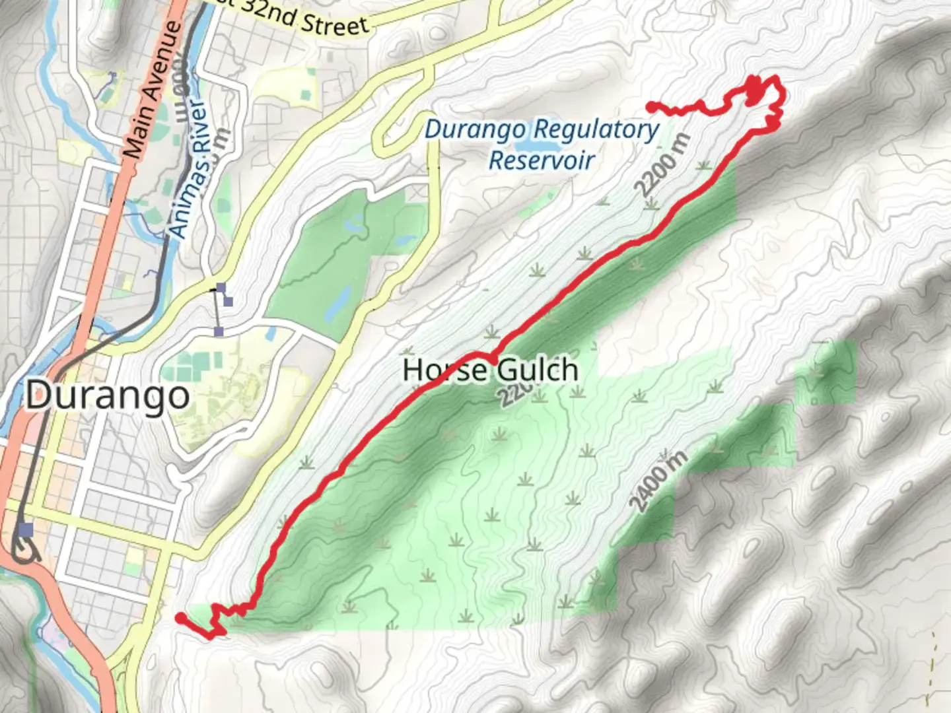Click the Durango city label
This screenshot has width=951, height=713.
pos(108,395)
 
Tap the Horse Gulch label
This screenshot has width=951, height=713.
pos(490,370)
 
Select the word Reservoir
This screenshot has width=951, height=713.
pos(542,160)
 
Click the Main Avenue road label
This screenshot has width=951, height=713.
pos(153,89)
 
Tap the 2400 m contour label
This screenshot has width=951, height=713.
pos(658,481)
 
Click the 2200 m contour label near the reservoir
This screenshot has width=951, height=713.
pos(662,165)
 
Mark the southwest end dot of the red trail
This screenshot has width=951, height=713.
pos(180,618)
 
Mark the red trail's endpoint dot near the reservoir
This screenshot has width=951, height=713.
pos(651,106)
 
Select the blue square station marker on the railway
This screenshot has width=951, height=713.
pos(26,530)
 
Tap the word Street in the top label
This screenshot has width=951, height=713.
pos(334,24)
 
